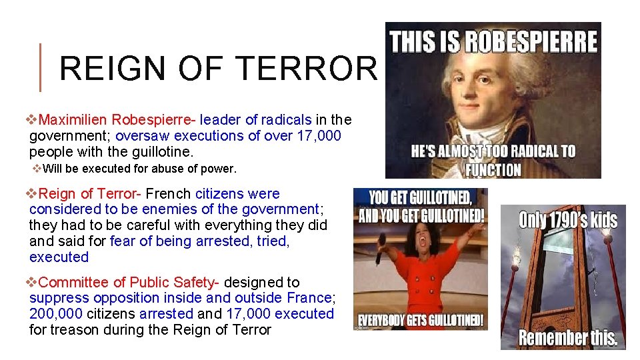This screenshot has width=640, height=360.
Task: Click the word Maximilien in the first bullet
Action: (73, 120)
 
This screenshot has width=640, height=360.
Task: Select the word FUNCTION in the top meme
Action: (493, 169)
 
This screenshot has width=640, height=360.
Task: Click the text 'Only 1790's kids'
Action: (568, 220)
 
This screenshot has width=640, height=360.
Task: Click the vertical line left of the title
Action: (41, 67)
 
